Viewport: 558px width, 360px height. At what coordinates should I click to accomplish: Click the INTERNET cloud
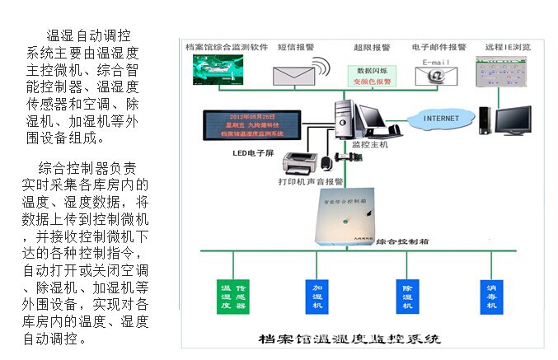(441, 119)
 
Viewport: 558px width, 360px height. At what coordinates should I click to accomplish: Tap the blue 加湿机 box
(317, 293)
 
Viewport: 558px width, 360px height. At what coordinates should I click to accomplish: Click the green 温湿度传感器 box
(233, 295)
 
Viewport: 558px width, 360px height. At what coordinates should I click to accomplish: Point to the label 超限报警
(372, 48)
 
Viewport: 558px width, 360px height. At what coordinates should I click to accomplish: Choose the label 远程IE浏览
(509, 47)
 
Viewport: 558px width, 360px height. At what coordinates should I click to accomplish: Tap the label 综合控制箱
(400, 241)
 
